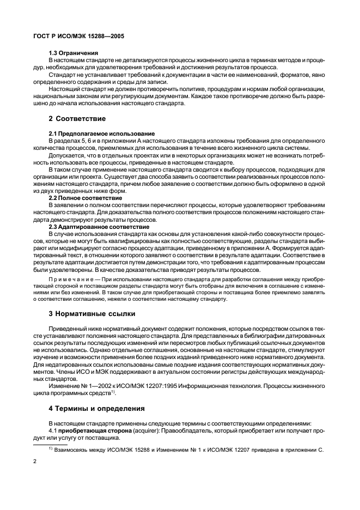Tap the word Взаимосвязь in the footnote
click(x=72, y=449)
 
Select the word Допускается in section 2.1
click(x=68, y=155)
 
